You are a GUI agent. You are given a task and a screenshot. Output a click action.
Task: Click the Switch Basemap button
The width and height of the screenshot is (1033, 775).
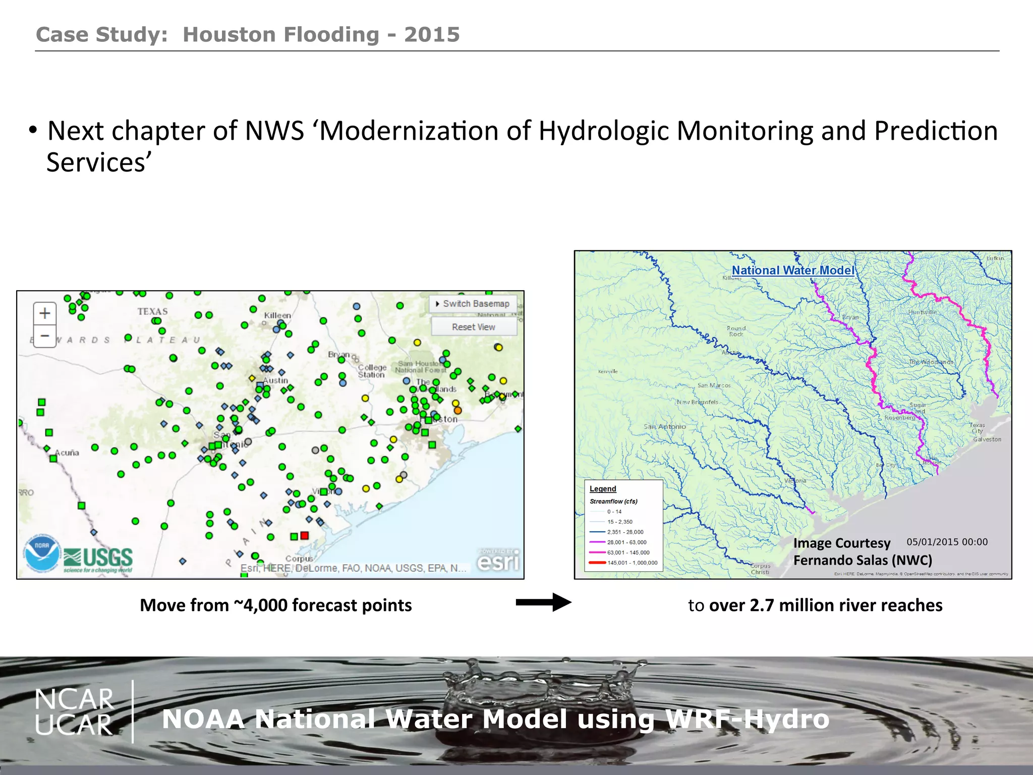(473, 304)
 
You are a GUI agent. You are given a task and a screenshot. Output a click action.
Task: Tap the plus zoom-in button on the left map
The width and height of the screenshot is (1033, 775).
(45, 313)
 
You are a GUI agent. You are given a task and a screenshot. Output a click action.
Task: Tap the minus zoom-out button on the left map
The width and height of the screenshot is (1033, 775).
(45, 336)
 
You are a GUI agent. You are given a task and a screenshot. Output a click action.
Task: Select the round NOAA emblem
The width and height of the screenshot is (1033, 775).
(42, 554)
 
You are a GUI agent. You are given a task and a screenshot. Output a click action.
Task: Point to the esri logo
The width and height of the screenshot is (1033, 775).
(498, 561)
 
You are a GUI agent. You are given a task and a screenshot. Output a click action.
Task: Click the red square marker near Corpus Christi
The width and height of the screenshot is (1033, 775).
(304, 535)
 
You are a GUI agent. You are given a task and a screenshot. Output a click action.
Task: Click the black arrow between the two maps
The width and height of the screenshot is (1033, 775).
(543, 602)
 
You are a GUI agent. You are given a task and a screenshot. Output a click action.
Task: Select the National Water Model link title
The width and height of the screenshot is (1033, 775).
(793, 270)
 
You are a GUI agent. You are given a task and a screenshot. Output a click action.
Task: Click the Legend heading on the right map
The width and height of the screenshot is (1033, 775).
(603, 489)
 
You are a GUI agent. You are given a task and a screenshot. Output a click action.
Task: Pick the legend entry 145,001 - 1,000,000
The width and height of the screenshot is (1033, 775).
(632, 563)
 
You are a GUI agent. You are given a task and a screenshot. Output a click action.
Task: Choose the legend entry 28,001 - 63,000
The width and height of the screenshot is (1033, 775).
(626, 542)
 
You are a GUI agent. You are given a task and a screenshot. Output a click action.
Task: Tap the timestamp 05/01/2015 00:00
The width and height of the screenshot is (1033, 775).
(947, 542)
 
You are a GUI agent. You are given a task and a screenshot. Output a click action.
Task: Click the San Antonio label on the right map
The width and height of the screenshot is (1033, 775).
(664, 427)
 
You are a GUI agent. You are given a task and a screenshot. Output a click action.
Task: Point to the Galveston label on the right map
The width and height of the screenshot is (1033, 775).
(987, 439)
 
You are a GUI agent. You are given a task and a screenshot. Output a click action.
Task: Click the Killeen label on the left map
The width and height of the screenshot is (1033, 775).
(277, 315)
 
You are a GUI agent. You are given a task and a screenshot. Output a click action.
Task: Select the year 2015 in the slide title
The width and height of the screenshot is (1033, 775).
(432, 35)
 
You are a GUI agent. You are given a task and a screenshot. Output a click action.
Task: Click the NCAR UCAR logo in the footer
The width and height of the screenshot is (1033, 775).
(74, 712)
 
